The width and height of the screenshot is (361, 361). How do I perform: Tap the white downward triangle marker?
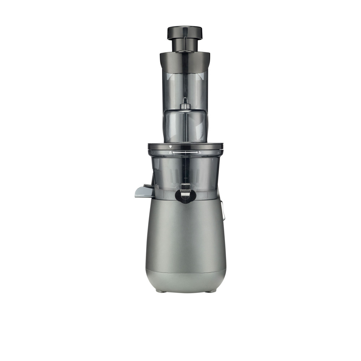pos(170,147)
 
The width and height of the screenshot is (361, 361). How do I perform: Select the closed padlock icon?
pos(171,153)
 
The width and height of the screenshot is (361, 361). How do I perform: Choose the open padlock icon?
pos(200,153)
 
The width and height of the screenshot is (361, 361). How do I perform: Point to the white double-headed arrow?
pos(186,153)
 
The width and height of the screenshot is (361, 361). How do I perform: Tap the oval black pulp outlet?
pos(186,195)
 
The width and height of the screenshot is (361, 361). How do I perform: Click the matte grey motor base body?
pos(186,235)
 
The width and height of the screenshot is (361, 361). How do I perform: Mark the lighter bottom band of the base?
pos(186,280)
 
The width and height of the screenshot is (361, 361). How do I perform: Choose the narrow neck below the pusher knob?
pos(184,45)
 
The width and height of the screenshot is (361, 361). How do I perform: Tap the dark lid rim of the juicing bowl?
pos(186,146)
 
